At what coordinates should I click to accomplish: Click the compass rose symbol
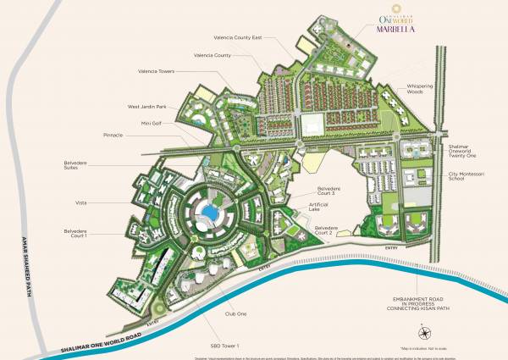(x=419, y=330)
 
